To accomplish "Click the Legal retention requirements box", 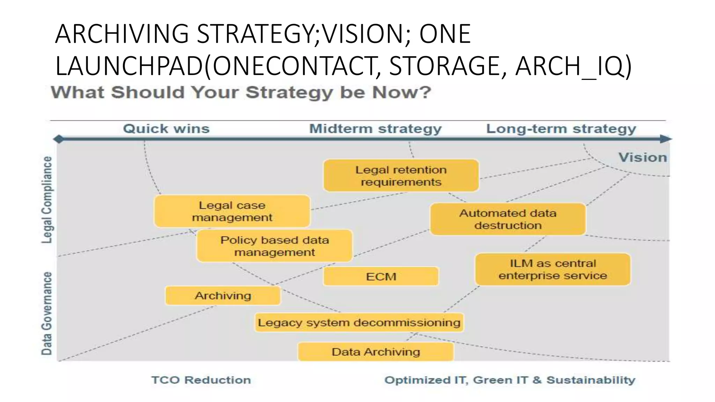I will click(x=401, y=176).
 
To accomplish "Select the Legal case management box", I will click(x=232, y=211).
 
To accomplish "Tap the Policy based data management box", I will click(x=274, y=246).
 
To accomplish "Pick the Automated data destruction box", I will click(x=508, y=219).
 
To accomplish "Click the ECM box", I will click(x=381, y=277).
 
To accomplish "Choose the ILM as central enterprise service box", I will click(x=553, y=269).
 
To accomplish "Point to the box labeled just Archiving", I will click(x=223, y=296).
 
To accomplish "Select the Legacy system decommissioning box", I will click(x=359, y=322).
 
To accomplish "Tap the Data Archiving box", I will click(x=376, y=352).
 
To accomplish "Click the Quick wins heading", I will click(x=166, y=129).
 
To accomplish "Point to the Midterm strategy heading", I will click(x=375, y=129).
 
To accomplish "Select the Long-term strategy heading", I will click(x=561, y=129).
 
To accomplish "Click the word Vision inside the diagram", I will click(x=642, y=157).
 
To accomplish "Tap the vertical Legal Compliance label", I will click(x=47, y=200).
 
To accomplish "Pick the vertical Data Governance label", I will click(x=47, y=313).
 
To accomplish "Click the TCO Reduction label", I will click(x=201, y=380).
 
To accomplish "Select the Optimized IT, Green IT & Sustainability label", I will click(x=510, y=380).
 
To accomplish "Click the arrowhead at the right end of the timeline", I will click(x=666, y=139).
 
